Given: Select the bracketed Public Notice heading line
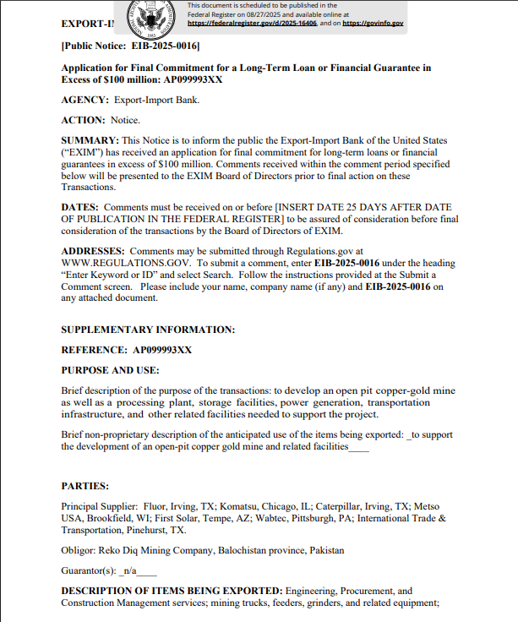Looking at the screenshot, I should click(131, 46).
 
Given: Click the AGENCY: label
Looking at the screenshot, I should click(85, 100).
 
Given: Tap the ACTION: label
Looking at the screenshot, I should click(83, 120).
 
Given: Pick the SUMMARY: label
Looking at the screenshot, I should click(90, 140).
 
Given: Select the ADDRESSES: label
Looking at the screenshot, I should click(93, 251).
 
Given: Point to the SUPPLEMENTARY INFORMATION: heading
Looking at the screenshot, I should click(148, 330).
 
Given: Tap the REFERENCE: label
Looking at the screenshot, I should click(94, 350).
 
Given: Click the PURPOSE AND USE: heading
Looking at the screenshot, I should click(110, 370).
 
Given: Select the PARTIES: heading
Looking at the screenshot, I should click(85, 486).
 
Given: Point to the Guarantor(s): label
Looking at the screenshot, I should click(89, 571).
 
